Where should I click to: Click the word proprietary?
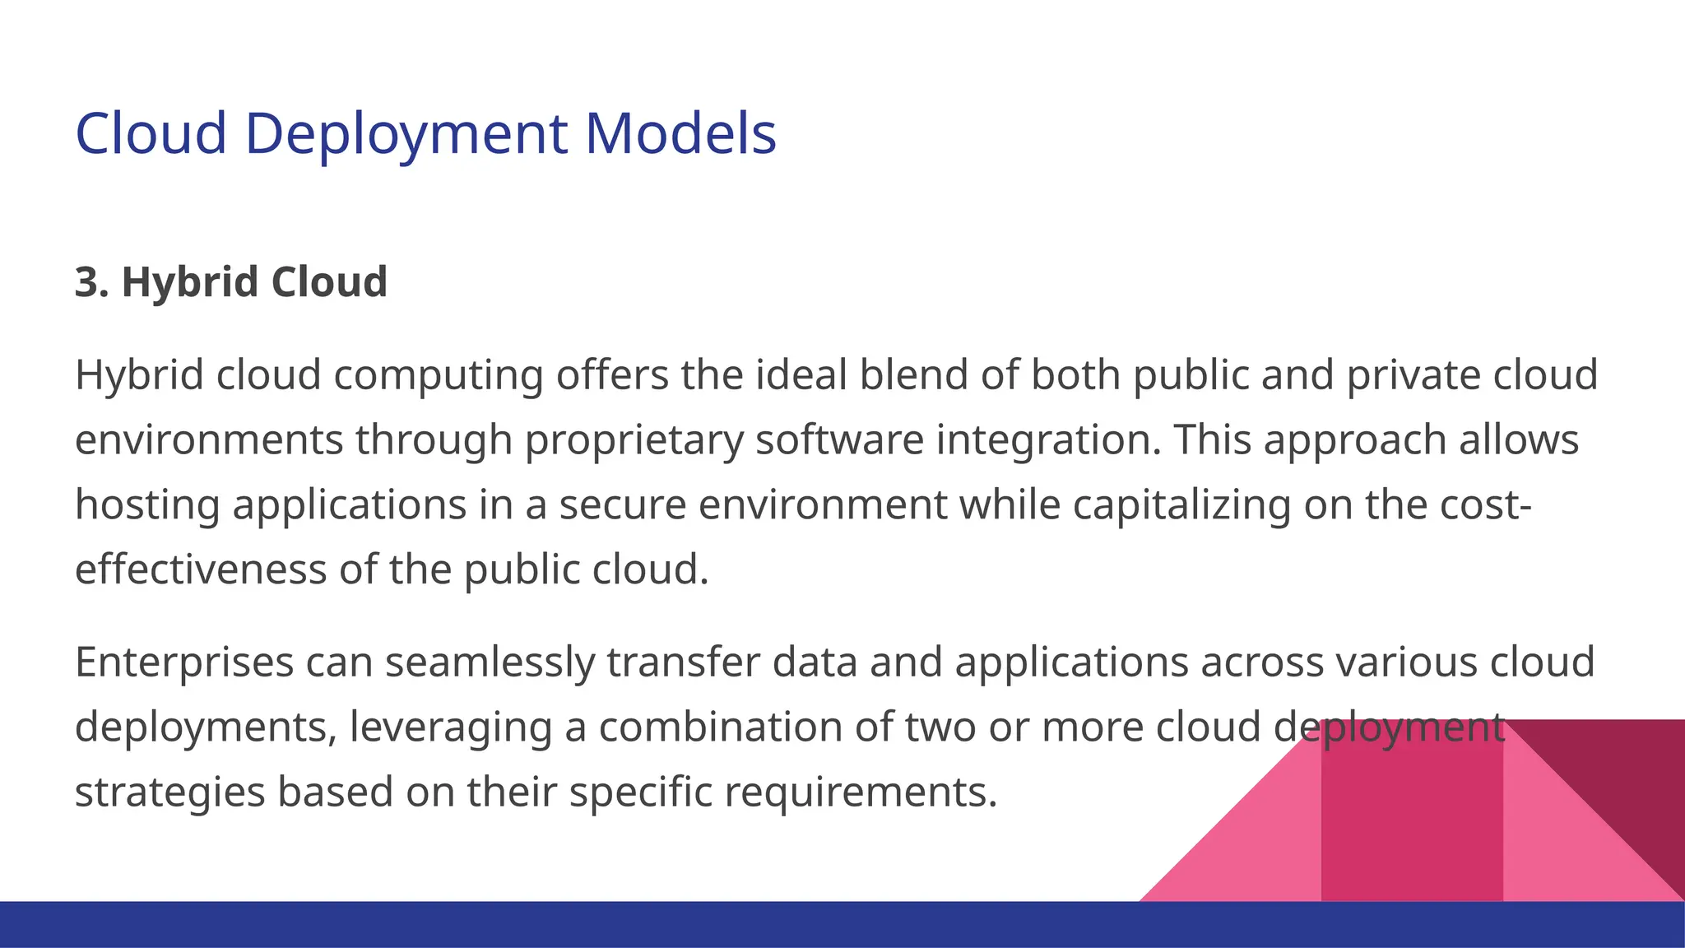click(634, 441)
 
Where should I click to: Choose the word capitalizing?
click(1181, 505)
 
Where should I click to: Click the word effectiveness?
click(201, 569)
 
